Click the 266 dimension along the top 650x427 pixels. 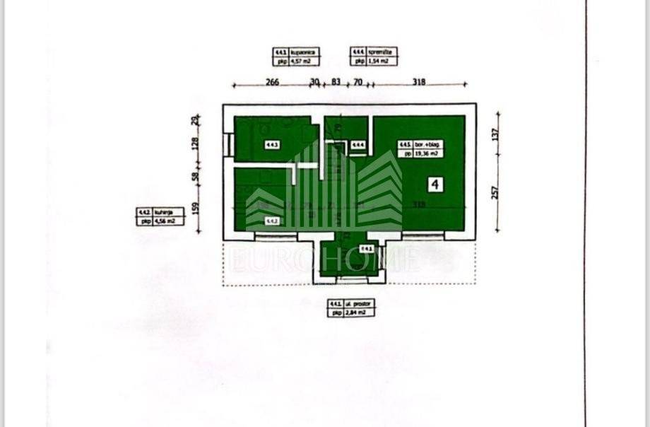pos(272,82)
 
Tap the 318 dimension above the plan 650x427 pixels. pos(419,82)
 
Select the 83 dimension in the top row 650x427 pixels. pos(336,82)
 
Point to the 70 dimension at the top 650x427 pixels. pos(357,82)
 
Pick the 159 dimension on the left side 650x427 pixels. pos(196,210)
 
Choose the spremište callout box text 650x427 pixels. pos(382,52)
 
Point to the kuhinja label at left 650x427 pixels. pos(167,211)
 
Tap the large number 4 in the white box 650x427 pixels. pos(435,185)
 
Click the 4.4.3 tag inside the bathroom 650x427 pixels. pos(272,146)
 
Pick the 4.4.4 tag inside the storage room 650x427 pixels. pos(358,146)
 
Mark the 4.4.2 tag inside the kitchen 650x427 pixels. pos(272,221)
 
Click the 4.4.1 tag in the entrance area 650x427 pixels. pos(366,248)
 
